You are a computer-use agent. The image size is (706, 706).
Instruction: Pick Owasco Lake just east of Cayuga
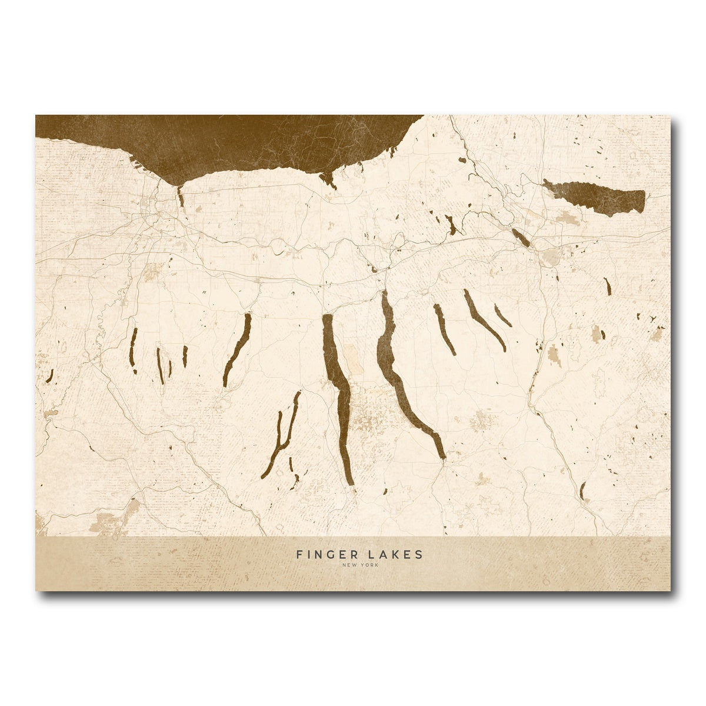tap(444, 329)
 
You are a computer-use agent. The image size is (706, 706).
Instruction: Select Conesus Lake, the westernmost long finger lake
tap(134, 350)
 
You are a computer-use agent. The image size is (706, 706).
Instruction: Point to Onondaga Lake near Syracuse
tap(520, 237)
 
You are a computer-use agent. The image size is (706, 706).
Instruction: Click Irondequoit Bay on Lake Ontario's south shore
tap(181, 197)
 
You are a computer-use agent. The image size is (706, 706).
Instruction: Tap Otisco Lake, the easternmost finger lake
tap(503, 316)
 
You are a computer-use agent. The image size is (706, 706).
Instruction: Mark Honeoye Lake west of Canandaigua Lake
tap(185, 355)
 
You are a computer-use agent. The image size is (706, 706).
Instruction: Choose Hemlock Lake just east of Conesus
tap(159, 365)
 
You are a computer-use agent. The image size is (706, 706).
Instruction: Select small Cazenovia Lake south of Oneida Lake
tap(608, 286)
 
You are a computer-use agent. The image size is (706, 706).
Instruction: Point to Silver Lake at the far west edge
tap(50, 375)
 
